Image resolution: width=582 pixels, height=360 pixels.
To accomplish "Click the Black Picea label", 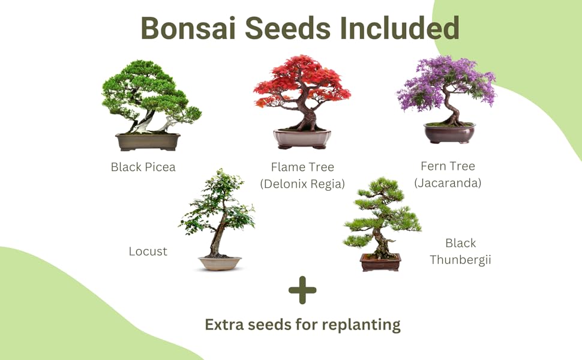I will point(143,167).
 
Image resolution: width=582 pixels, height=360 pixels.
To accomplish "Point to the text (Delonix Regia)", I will point(302,184).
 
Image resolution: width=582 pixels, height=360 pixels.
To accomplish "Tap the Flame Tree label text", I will point(302,167).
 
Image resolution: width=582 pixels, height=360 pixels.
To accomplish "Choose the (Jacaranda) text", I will point(448,183).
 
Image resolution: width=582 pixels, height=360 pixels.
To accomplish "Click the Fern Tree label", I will point(448,166).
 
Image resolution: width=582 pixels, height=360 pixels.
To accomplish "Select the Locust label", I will point(148,251).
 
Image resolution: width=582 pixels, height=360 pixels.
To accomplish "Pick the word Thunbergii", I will point(460,260).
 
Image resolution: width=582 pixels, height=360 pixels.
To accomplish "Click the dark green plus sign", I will point(302,290).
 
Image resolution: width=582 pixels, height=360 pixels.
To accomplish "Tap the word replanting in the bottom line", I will point(361,325).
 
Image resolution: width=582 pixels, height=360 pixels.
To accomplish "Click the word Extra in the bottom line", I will point(226,325).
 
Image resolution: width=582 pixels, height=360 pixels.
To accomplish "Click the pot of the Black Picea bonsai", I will point(148,142).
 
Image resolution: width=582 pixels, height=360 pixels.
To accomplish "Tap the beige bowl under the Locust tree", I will point(220,263).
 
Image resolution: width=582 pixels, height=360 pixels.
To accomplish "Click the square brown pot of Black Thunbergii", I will point(380,262).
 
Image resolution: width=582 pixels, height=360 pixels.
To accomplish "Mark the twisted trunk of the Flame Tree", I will point(307,117).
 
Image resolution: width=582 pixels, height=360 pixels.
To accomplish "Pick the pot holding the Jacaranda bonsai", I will point(449,133).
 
